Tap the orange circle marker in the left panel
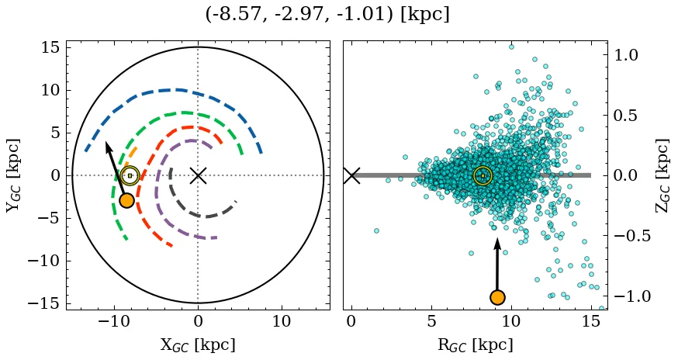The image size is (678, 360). pos(126,200)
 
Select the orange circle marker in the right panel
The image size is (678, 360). pos(497,297)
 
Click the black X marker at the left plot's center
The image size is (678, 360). pos(198,175)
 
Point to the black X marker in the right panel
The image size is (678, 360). pos(351,175)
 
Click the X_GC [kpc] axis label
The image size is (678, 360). pos(198,345)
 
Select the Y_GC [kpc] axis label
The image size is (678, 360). pos(13,175)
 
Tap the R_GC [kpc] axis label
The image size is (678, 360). pos(475,345)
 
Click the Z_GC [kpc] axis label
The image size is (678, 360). pos(664,175)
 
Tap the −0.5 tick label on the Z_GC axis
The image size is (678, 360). pos(630,236)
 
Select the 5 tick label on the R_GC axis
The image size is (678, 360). pos(431,322)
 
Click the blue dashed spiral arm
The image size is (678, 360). pos(178,90)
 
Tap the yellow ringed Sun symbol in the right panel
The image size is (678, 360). pos(483,175)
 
